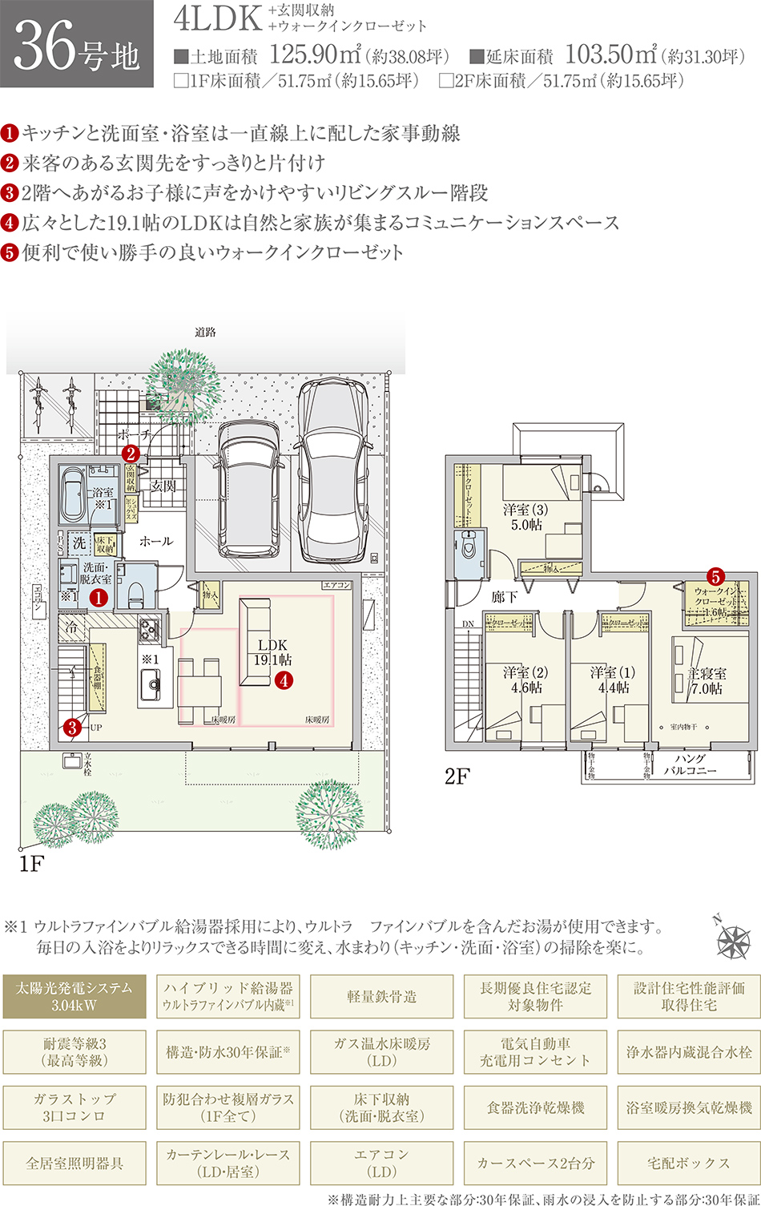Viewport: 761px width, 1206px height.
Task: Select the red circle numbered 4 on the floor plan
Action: click(283, 680)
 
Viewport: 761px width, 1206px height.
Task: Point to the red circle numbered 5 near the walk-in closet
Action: click(715, 576)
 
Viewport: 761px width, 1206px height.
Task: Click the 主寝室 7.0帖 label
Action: click(706, 681)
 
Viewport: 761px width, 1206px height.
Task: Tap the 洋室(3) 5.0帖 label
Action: click(525, 517)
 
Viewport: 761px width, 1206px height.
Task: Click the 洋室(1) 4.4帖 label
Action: click(612, 680)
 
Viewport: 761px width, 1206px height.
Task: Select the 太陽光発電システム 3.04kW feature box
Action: click(74, 996)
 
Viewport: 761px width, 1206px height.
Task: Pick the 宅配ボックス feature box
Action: click(689, 1163)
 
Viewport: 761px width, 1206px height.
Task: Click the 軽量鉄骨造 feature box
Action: click(381, 996)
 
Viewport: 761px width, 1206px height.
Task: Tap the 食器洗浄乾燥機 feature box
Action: click(535, 1107)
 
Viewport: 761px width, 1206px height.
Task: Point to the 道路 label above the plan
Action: click(205, 332)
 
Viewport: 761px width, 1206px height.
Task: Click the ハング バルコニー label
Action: click(690, 764)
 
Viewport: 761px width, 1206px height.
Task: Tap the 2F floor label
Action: click(457, 776)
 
